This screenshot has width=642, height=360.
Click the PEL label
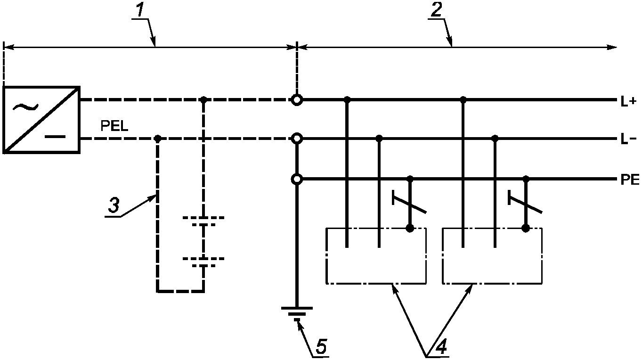[114, 126]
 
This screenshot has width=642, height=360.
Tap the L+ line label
[628, 101]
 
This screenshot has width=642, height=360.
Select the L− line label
[628, 139]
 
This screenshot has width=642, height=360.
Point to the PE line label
[630, 180]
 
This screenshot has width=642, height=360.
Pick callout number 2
[436, 11]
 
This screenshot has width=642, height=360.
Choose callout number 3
[114, 206]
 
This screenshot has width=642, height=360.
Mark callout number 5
[321, 347]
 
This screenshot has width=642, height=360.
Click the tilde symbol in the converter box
[25, 107]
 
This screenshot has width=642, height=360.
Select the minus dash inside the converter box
[55, 137]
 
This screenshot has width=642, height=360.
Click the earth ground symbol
[297, 314]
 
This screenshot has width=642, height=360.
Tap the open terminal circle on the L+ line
[297, 100]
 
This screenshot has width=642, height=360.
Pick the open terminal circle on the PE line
[297, 180]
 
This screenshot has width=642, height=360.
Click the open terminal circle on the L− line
[297, 139]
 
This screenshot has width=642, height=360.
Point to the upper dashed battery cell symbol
[203, 221]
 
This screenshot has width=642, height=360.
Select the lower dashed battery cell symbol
[203, 262]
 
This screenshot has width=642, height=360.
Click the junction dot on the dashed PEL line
[157, 139]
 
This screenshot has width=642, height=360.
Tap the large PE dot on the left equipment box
[410, 229]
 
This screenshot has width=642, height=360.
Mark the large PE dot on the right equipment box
[526, 229]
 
